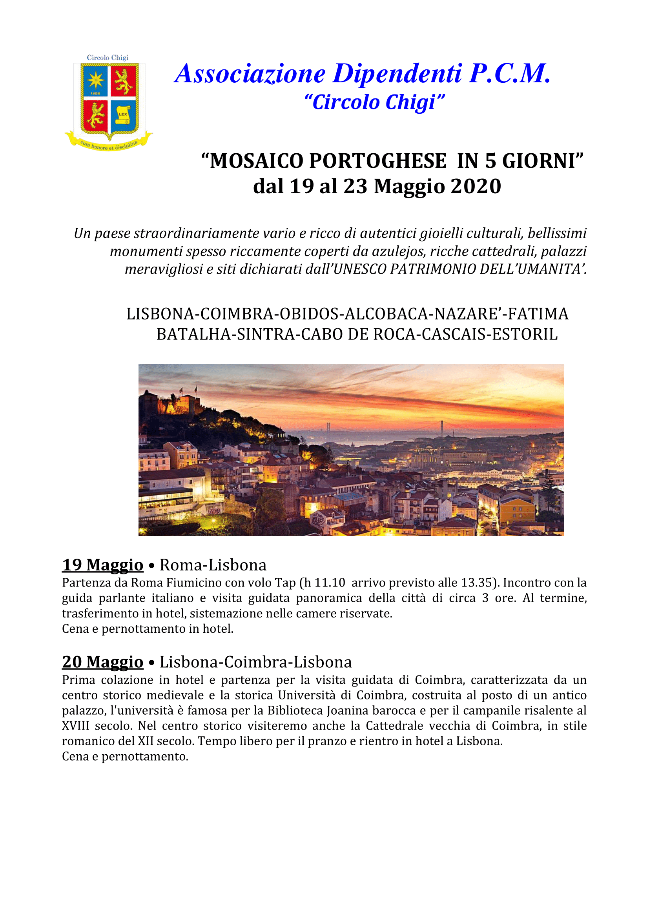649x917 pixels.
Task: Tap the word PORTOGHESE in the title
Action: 377,161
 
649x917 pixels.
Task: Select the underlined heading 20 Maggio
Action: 102,662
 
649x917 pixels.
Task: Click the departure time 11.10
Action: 329,583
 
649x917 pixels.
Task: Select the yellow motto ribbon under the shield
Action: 109,144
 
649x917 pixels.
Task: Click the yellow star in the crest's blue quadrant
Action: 95,80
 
